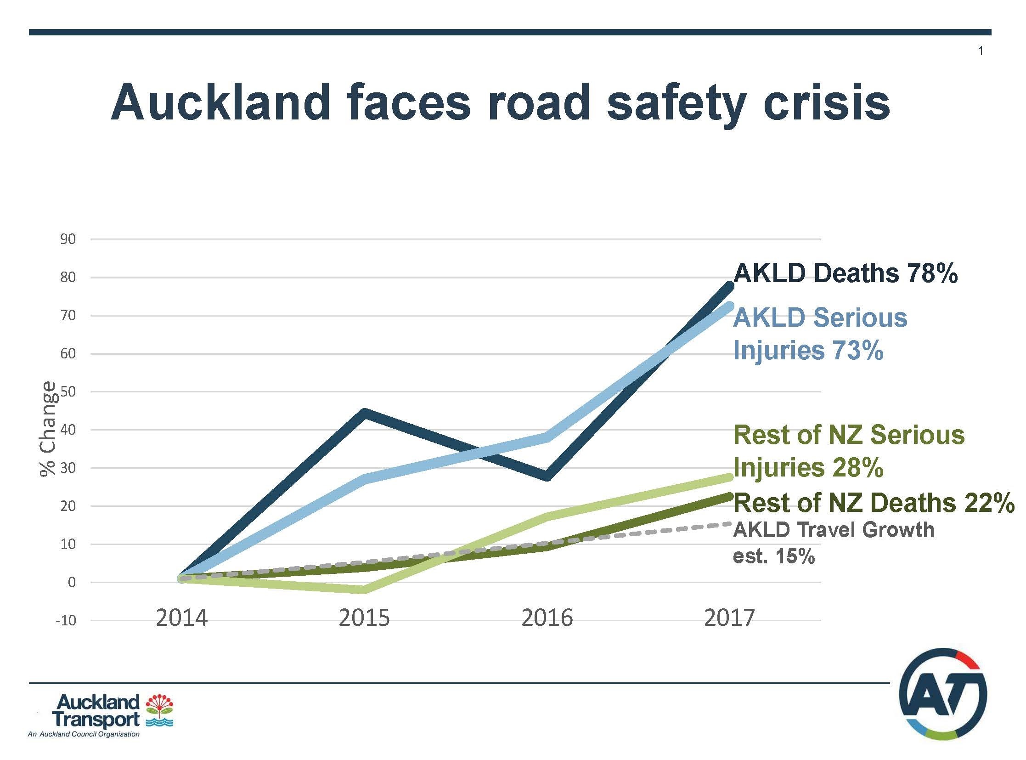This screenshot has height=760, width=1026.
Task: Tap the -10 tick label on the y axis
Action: point(66,621)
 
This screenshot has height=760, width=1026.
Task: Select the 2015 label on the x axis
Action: point(364,618)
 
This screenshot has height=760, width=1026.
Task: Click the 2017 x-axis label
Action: point(729,618)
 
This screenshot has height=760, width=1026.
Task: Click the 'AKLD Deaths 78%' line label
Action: point(845,274)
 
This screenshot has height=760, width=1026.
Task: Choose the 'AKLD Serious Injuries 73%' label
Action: point(819,334)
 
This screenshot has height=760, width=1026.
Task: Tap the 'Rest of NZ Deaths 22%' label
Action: point(874,502)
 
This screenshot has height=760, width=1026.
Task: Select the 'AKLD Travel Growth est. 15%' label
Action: point(833,543)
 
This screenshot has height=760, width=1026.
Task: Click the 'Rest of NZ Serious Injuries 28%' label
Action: point(848,451)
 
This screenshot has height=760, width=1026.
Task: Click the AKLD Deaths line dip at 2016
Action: point(547,476)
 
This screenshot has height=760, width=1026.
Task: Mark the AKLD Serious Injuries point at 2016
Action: point(547,437)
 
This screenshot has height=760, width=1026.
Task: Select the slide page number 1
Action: point(981,51)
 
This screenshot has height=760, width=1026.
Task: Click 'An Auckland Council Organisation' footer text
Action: point(84,734)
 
